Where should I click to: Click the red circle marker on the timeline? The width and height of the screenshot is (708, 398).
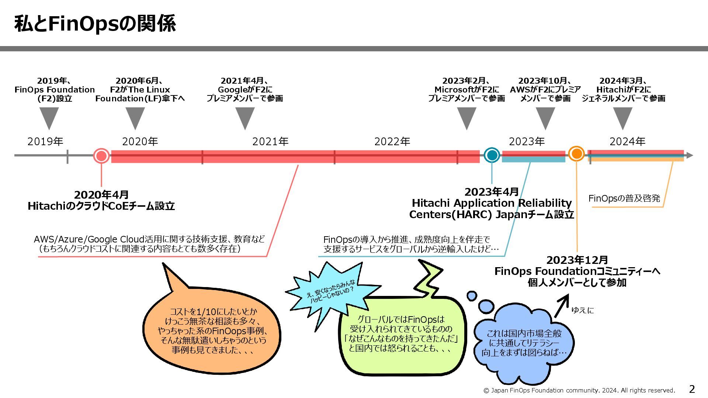click(x=101, y=156)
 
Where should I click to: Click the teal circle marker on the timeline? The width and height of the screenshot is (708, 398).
click(x=492, y=155)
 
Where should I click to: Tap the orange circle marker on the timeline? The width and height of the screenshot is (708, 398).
click(x=576, y=153)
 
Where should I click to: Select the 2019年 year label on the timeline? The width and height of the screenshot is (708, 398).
click(x=45, y=142)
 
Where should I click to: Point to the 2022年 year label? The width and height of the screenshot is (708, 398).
click(x=392, y=142)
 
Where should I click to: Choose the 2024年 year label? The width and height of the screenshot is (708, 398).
click(x=627, y=142)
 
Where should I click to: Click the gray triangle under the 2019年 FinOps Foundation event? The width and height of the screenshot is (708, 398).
click(x=49, y=117)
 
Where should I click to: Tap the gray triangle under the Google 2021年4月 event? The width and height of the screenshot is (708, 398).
click(x=245, y=117)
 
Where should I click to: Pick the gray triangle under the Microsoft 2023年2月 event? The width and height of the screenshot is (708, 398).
click(x=466, y=117)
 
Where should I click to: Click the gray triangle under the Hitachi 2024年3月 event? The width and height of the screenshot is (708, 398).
click(x=623, y=117)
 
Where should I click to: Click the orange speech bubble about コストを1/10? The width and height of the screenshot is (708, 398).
click(x=212, y=330)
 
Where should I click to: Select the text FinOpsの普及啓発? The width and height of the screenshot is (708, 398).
click(x=624, y=198)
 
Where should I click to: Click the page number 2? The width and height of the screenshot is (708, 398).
click(x=692, y=389)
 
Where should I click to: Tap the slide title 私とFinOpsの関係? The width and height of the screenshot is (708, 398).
click(x=95, y=24)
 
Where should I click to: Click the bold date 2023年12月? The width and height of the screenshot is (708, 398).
click(x=577, y=260)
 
